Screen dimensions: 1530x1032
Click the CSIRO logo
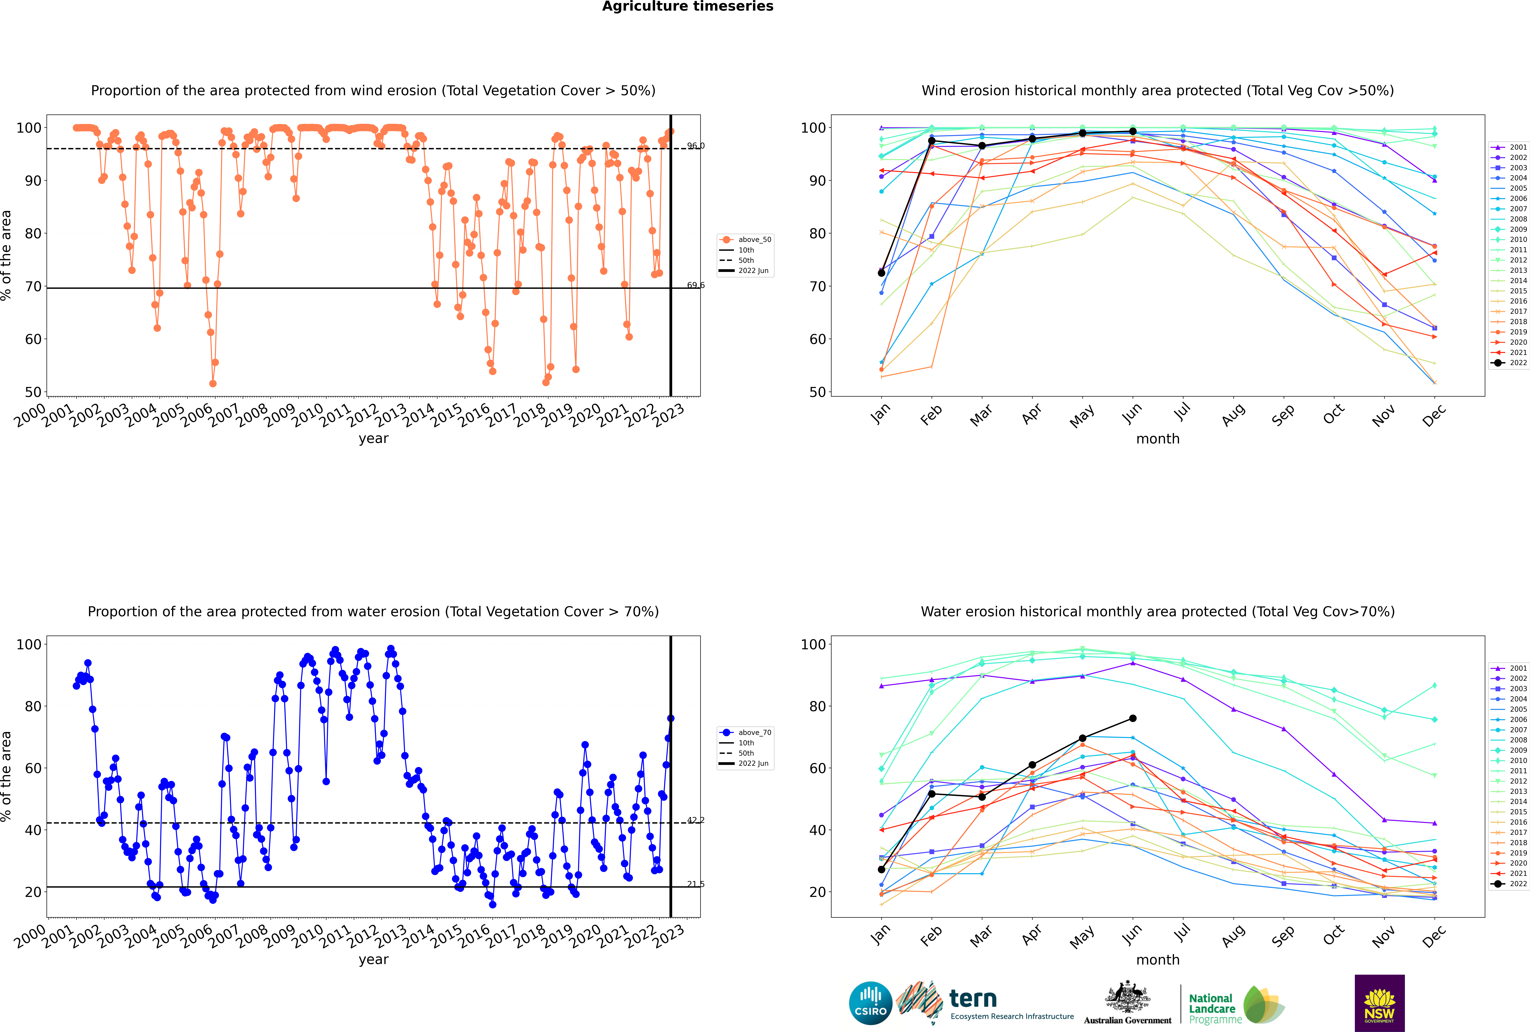[x=870, y=1003]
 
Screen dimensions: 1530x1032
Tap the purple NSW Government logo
[x=1379, y=1002]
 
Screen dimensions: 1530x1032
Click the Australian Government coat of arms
[x=1127, y=997]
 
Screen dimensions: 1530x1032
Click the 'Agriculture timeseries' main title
[x=687, y=7]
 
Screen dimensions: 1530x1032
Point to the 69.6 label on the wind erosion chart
[x=695, y=285]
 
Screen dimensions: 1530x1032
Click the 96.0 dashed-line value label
[x=695, y=145]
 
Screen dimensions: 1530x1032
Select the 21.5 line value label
[x=695, y=884]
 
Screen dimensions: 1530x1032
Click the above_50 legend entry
[x=745, y=240]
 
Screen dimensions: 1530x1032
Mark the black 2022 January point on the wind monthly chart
[x=881, y=272]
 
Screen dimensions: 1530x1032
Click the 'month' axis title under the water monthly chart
[x=1158, y=960]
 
